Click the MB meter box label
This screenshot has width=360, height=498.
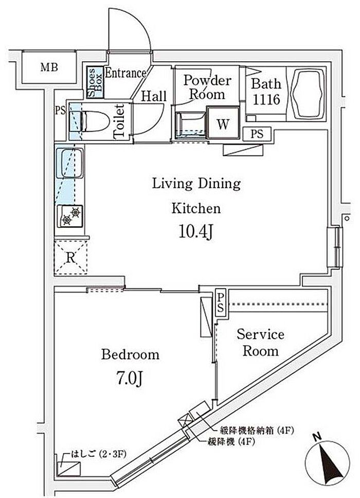tap(49, 67)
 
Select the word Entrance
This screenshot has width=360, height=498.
tap(125, 73)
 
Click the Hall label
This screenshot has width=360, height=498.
tap(153, 96)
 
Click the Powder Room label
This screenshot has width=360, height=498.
tap(207, 87)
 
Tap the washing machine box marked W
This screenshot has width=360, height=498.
tap(223, 123)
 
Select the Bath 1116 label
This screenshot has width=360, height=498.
tap(265, 91)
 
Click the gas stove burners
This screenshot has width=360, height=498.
tap(71, 216)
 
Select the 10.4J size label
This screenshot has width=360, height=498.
tap(195, 233)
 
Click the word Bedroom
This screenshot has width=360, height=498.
tap(130, 354)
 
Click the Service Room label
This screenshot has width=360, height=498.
tap(260, 343)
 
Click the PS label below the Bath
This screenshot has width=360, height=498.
tap(257, 134)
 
